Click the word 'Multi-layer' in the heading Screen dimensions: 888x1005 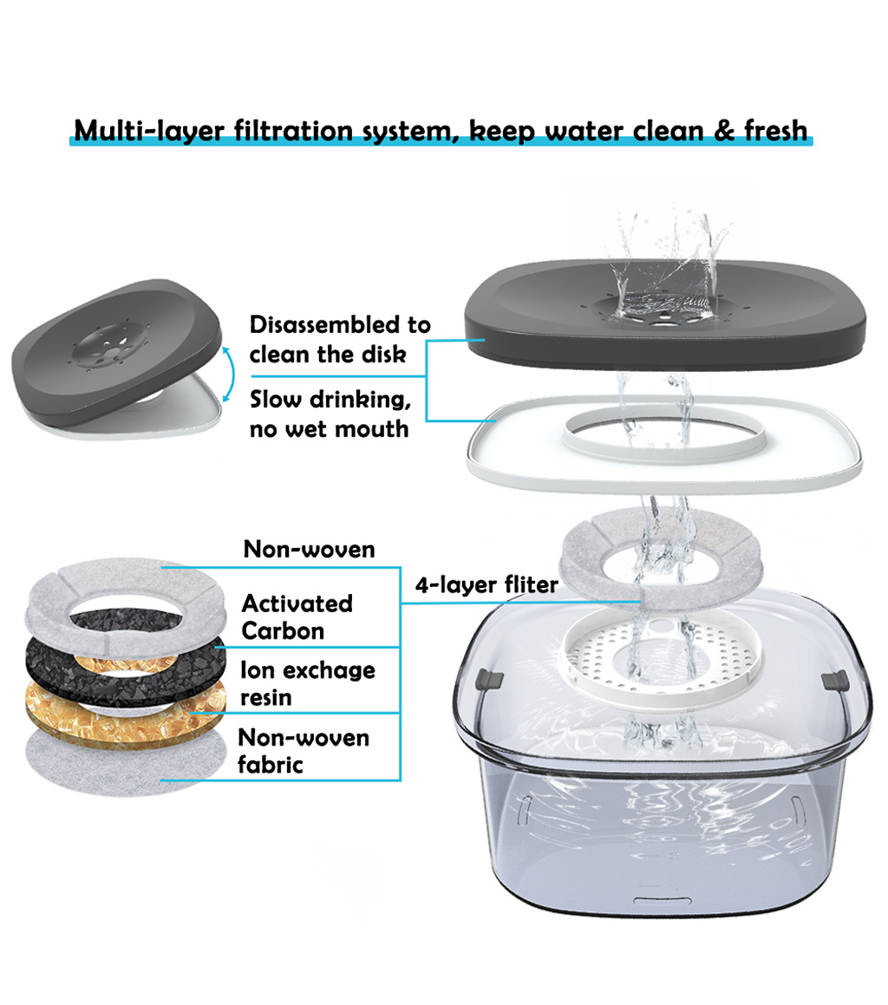pyautogui.click(x=149, y=131)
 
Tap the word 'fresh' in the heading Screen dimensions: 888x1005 pyautogui.click(x=775, y=130)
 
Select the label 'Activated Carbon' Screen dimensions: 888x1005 pyautogui.click(x=297, y=617)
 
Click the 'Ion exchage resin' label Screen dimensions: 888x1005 pyautogui.click(x=308, y=683)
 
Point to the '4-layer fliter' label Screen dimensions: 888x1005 pyautogui.click(x=486, y=584)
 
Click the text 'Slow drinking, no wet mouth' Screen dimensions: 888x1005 pyautogui.click(x=330, y=414)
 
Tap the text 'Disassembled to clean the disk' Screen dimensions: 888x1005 pyautogui.click(x=340, y=339)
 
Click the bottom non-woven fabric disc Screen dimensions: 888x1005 pyautogui.click(x=125, y=766)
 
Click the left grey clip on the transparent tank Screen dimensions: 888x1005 pyautogui.click(x=489, y=680)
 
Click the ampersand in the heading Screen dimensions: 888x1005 pyautogui.click(x=724, y=131)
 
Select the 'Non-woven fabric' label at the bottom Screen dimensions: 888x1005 pyautogui.click(x=304, y=751)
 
